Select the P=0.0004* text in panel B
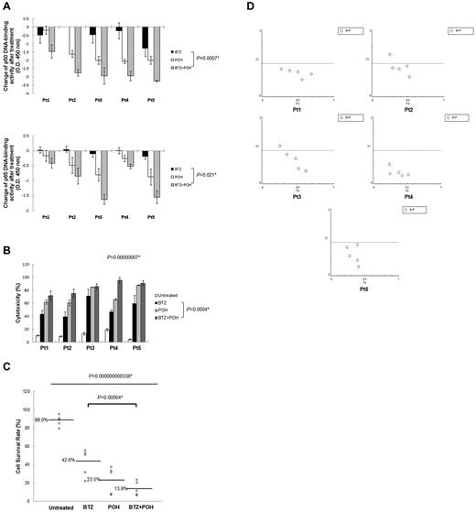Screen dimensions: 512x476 206,310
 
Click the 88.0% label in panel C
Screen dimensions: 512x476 41,419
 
